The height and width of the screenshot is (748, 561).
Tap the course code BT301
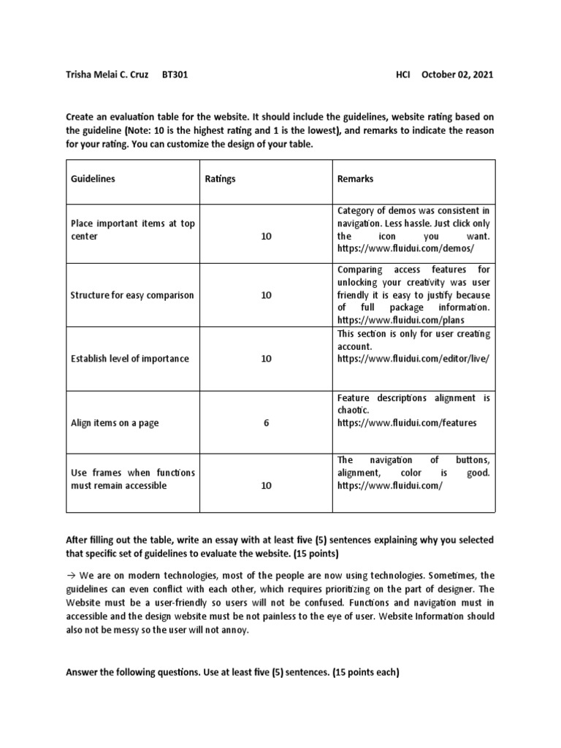[x=175, y=75]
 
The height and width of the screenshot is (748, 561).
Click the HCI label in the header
[x=405, y=75]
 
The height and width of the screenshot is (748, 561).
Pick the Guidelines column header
[x=93, y=179]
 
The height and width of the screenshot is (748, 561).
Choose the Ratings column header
[x=221, y=179]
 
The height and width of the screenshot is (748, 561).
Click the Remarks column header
[x=355, y=179]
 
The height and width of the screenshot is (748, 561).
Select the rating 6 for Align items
[x=266, y=422]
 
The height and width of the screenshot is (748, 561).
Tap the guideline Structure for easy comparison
[x=132, y=295]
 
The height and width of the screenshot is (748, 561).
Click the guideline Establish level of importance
[x=129, y=359]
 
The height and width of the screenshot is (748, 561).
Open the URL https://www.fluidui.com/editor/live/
[x=412, y=359]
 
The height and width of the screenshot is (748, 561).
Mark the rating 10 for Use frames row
[x=266, y=485]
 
